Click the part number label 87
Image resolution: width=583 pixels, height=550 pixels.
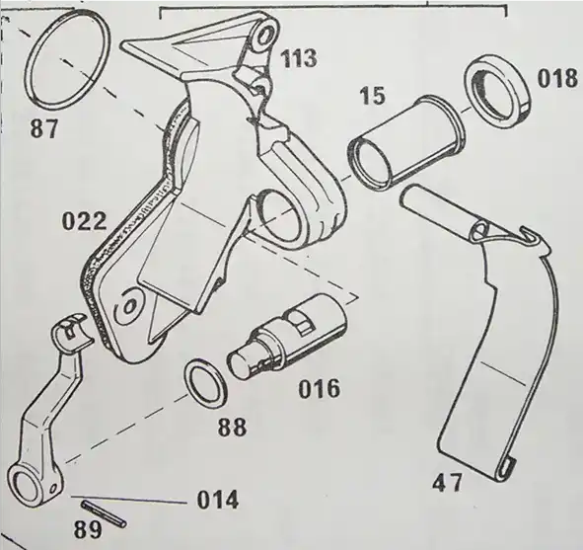pos(44,128)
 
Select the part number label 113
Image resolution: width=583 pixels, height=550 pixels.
pos(299,59)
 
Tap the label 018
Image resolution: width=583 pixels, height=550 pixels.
pos(557,79)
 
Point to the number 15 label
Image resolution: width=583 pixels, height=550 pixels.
pos(373,96)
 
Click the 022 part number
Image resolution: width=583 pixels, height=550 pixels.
pos(85,222)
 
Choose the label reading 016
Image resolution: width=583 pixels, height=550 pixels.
pos(320,388)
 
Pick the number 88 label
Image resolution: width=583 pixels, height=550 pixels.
pos(232,428)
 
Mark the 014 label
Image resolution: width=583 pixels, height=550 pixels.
pos(217,501)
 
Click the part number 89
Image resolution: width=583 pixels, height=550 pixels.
pos(88,529)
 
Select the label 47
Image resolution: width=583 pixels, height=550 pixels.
pos(447,482)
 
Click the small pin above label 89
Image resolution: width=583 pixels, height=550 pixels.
pos(104,513)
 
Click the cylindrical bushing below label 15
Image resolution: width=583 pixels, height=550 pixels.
pos(406,144)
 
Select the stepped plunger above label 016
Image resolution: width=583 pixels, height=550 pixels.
pos(287,337)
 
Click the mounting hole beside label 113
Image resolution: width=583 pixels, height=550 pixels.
pos(264,37)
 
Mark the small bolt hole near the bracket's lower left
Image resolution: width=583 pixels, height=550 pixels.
pos(128,307)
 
